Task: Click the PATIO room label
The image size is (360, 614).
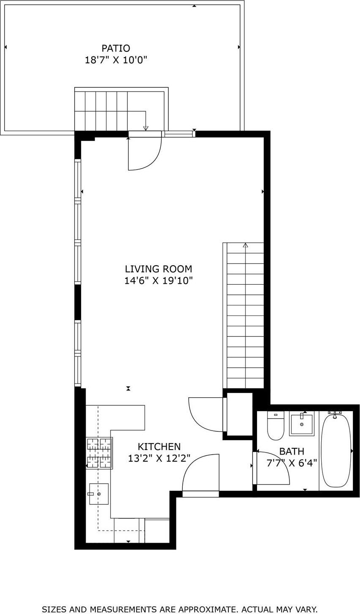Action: (116, 48)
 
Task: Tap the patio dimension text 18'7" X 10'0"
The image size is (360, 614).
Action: (116, 60)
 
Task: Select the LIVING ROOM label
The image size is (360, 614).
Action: (158, 269)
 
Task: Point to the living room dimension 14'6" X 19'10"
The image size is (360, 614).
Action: (158, 280)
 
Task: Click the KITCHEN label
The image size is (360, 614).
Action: (159, 447)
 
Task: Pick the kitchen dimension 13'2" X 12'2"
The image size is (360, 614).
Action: (159, 458)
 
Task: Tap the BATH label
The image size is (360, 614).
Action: (291, 452)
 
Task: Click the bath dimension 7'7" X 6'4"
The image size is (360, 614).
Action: (292, 463)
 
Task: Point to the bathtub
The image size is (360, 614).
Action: (336, 450)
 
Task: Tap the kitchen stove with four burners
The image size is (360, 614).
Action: (99, 453)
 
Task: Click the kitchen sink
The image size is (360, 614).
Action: (99, 494)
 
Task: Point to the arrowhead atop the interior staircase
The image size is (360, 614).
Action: (245, 245)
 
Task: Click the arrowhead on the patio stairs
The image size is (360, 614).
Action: (146, 128)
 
